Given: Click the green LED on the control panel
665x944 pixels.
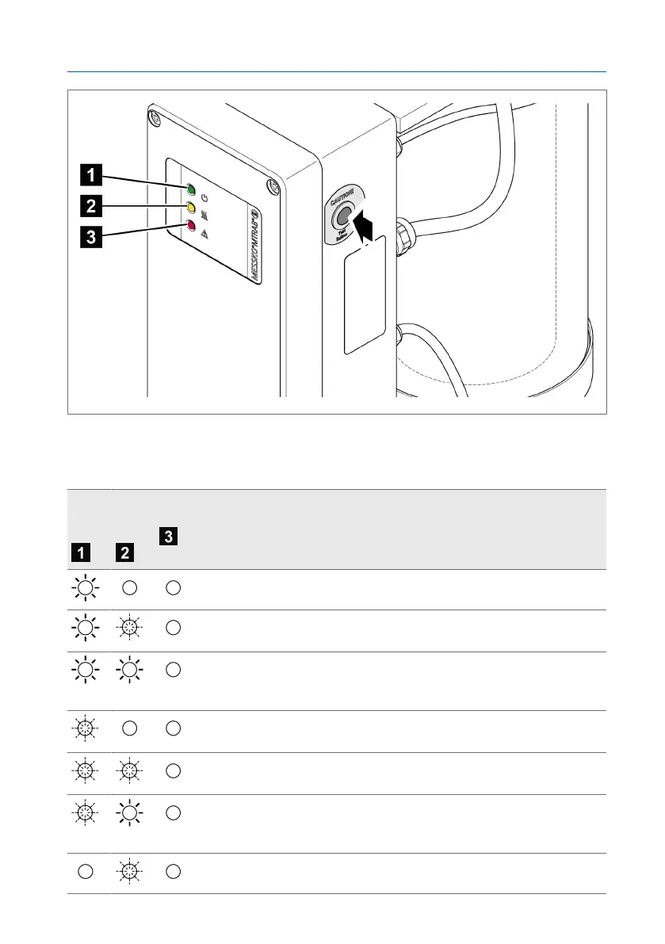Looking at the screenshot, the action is tap(191, 189).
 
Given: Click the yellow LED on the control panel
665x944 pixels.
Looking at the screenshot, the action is tap(191, 208).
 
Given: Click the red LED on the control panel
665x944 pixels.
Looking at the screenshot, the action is tap(191, 226).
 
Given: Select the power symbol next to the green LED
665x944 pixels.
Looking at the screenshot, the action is tap(204, 197).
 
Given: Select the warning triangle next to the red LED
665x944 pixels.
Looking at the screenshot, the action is tap(204, 234).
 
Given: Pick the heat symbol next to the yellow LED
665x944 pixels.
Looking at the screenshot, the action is tap(204, 216).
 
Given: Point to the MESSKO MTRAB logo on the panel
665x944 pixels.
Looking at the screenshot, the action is tap(254, 241).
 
